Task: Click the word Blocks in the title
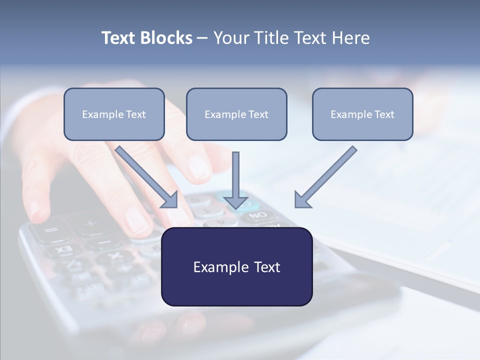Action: (166, 38)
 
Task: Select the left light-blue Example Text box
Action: (114, 114)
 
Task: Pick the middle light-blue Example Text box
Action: (236, 114)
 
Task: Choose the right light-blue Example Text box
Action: (363, 114)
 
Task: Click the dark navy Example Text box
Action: (237, 266)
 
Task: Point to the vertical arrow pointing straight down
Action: (235, 180)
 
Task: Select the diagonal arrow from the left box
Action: (146, 177)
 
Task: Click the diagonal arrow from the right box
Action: (325, 177)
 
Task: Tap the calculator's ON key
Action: (258, 215)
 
